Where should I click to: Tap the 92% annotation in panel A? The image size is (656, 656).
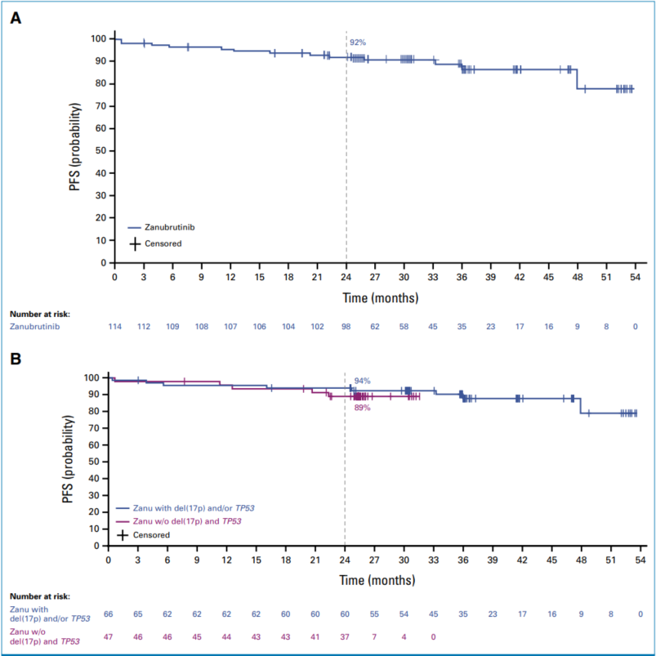click(x=357, y=42)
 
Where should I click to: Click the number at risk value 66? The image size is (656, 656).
click(x=109, y=612)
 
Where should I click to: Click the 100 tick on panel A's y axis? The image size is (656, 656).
click(x=96, y=38)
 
